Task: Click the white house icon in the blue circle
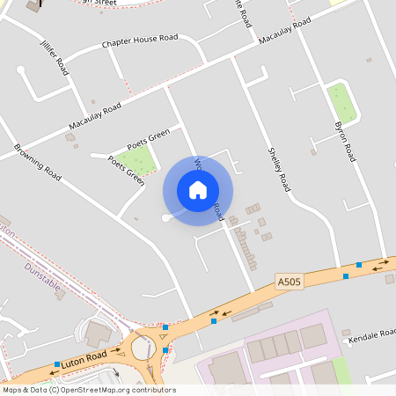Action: pos(198,189)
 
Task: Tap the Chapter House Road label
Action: pos(139,40)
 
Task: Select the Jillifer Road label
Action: pos(54,58)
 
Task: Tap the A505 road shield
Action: pos(288,282)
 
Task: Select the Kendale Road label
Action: pos(373,338)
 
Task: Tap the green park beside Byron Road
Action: pos(341,103)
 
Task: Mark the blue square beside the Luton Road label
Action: pos(57,364)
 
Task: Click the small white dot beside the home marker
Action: pos(165,218)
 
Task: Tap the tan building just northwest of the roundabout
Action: pos(98,333)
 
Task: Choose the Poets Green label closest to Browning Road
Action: pos(125,171)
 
